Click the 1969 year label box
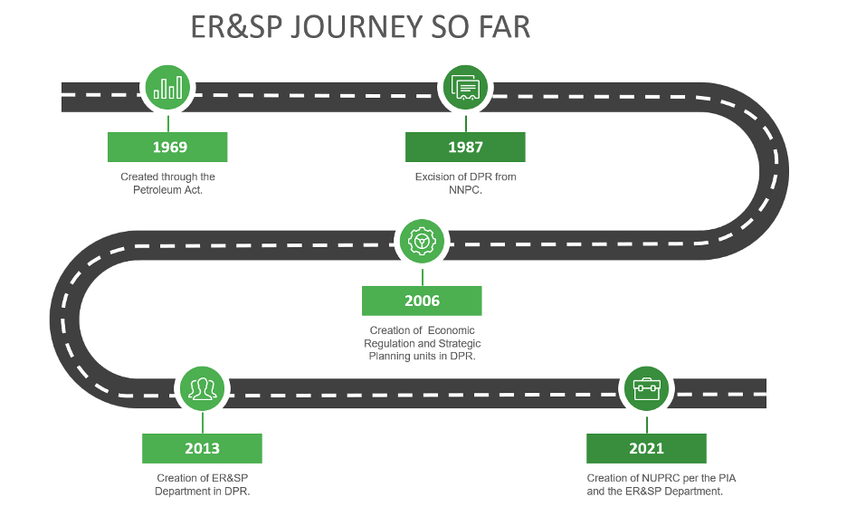(167, 148)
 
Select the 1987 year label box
(465, 148)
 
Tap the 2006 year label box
(422, 301)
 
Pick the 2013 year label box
(202, 448)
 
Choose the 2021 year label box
(646, 448)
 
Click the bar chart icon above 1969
(167, 88)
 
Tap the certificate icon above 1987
(465, 88)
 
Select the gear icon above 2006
(422, 242)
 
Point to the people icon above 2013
(202, 389)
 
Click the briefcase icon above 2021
(646, 389)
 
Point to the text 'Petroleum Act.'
(167, 190)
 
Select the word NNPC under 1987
(465, 190)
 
